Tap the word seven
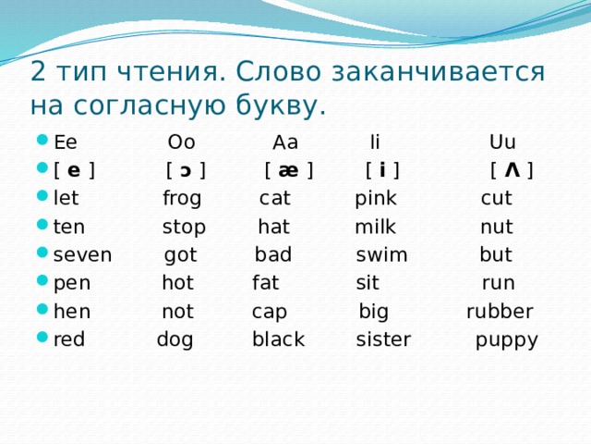click(83, 255)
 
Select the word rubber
click(499, 312)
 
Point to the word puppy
click(506, 340)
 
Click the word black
click(278, 339)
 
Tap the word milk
click(375, 228)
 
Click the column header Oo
click(181, 142)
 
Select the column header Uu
click(502, 142)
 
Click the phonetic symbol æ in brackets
click(288, 171)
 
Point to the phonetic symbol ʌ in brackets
click(511, 171)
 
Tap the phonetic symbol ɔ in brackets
click(186, 171)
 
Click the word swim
click(381, 255)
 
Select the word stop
click(184, 228)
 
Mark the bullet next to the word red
click(42, 339)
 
